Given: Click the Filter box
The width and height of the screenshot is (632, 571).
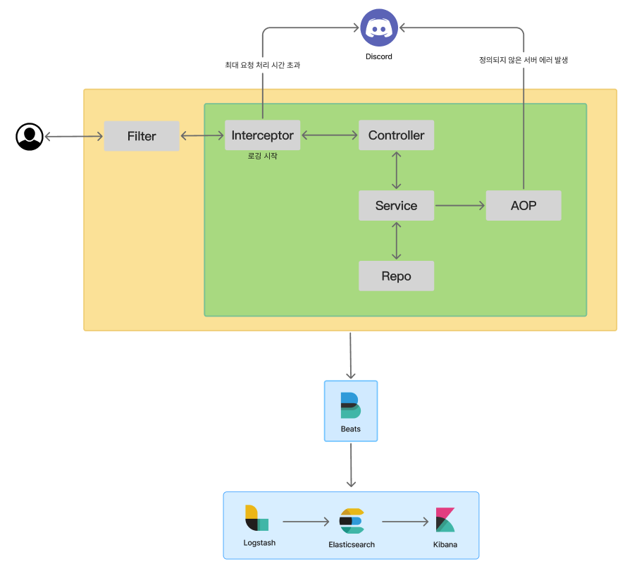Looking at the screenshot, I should tap(142, 136).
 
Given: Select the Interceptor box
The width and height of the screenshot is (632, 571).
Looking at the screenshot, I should tap(262, 135).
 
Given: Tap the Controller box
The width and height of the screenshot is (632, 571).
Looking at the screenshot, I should tap(396, 135).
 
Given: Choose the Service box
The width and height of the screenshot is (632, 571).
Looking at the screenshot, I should tap(396, 206).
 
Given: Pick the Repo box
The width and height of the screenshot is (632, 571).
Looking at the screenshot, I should tap(396, 276).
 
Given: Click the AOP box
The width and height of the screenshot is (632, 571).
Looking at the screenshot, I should tap(523, 206).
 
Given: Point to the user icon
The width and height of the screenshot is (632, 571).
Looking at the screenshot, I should tap(30, 137).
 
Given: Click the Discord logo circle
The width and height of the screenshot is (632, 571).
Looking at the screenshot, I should tap(379, 28).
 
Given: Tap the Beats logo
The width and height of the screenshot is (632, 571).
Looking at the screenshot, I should tap(350, 405).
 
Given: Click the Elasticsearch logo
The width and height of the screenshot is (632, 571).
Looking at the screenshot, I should tap(351, 521).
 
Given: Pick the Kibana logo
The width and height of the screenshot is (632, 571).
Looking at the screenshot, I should tap(445, 520).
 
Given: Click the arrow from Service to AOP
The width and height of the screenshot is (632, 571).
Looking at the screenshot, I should tap(460, 206).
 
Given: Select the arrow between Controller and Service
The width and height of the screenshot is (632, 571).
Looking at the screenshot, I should tap(397, 170).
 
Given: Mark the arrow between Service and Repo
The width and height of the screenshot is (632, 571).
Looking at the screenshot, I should tap(397, 240).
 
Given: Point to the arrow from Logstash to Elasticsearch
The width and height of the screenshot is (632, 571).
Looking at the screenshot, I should tap(306, 522).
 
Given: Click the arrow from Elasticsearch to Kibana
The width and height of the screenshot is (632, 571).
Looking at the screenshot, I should tap(405, 522).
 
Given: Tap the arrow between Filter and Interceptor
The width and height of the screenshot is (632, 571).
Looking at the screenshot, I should tap(202, 136).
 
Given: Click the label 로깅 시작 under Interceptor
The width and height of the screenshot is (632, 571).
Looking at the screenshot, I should tap(262, 156).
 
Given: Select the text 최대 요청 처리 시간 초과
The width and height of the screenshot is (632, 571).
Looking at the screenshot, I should tap(262, 65).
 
